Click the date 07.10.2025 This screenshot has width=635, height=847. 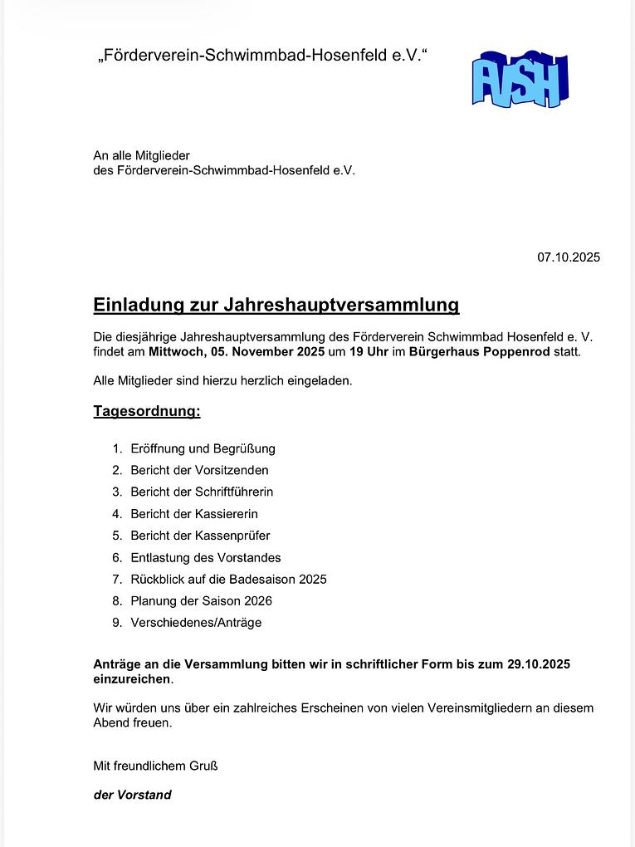point(568,257)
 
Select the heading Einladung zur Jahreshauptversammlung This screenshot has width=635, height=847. point(276,305)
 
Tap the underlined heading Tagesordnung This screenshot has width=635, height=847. point(146,411)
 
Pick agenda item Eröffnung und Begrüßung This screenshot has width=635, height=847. point(203,448)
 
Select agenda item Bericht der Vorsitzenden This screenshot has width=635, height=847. point(199,470)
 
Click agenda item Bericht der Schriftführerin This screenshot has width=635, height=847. point(202,492)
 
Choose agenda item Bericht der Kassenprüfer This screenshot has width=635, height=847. point(200,536)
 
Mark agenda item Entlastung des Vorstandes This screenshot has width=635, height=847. point(206,557)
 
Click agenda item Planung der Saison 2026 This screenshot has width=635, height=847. point(201,600)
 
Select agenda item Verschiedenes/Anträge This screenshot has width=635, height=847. point(196,622)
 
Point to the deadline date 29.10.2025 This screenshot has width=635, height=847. point(538,664)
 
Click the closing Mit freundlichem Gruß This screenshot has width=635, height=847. point(155,766)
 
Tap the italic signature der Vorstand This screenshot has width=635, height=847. point(132,795)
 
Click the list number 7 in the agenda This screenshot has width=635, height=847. point(116,579)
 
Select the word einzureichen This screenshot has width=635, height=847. point(132,679)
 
